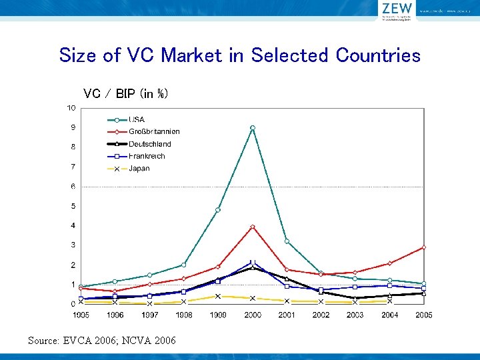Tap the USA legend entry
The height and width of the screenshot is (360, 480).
(136, 120)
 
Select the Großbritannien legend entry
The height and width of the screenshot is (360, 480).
(153, 132)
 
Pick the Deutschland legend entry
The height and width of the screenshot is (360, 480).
(149, 144)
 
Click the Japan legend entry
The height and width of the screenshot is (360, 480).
(139, 169)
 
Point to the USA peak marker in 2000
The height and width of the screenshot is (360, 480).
(252, 127)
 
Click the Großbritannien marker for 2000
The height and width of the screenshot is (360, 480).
(252, 227)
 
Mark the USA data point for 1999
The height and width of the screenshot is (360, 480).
(218, 210)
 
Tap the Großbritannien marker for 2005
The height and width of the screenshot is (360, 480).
(423, 247)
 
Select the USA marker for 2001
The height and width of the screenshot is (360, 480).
(287, 241)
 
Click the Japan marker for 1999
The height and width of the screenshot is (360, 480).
(218, 296)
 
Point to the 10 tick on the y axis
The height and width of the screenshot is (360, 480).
(70, 108)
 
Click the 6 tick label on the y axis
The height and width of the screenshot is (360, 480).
(73, 187)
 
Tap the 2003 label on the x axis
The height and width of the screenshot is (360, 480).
(355, 315)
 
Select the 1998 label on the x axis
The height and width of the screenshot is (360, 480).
(183, 315)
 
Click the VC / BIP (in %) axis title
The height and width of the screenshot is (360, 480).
(125, 93)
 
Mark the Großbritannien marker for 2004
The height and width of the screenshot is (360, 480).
(389, 263)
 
